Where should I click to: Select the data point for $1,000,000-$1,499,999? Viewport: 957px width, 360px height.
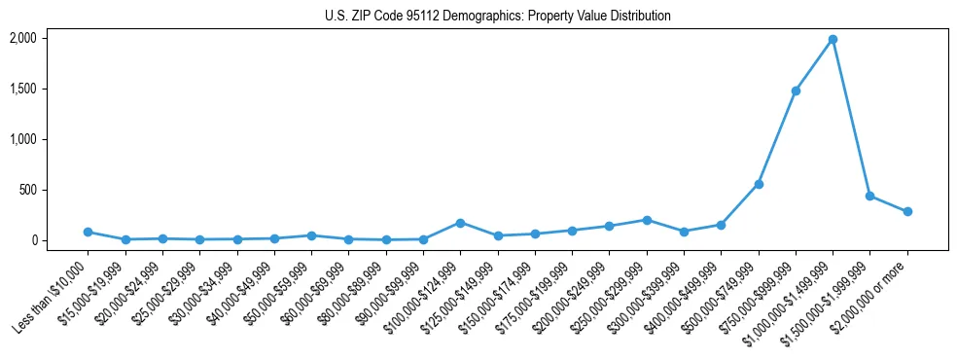point(833,40)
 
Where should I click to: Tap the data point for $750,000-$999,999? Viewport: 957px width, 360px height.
point(796,90)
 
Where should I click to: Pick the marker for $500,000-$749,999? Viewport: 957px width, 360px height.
point(759,184)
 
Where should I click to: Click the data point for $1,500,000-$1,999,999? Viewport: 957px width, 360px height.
point(869,196)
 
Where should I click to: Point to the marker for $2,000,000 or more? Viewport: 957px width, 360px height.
point(907,211)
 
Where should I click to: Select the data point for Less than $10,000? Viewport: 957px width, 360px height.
point(88,232)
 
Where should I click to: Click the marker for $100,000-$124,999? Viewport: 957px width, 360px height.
point(460,223)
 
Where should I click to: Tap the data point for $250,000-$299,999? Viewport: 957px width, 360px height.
point(647,220)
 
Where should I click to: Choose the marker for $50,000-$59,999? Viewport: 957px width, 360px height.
point(311,235)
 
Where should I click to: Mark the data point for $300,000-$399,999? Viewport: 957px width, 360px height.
point(684,232)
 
